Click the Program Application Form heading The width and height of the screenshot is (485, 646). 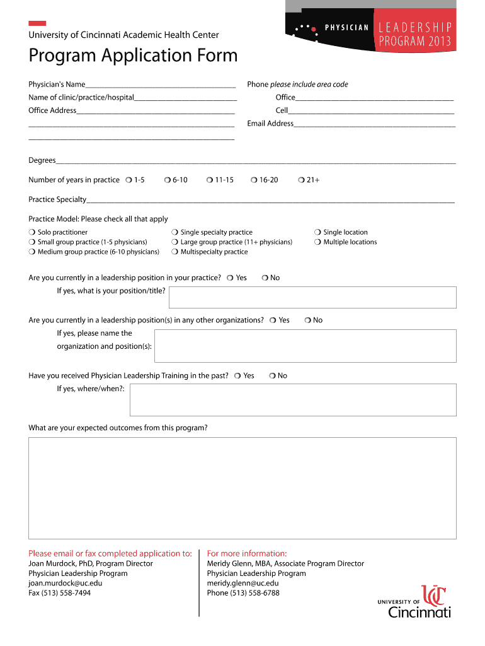(x=133, y=56)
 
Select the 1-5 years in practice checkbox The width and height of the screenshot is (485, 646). (x=128, y=180)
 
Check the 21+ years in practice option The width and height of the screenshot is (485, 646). (x=301, y=180)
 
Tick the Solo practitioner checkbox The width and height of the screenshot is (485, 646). (x=31, y=233)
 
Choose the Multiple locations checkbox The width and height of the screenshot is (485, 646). (x=318, y=242)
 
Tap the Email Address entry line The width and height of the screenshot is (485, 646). (x=374, y=124)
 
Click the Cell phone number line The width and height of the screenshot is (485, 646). (x=371, y=111)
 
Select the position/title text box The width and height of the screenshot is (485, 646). (x=312, y=297)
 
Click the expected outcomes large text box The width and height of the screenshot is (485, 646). (x=242, y=489)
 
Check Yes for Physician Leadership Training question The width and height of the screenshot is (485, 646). (x=237, y=376)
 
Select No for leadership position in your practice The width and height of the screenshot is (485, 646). (x=265, y=278)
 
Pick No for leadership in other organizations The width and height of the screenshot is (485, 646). (x=308, y=320)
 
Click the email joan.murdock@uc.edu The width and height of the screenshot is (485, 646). (x=65, y=584)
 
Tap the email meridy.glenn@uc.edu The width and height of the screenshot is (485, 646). (x=243, y=584)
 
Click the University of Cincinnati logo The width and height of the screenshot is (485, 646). (x=414, y=602)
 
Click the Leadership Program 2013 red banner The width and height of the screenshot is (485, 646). (x=414, y=35)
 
